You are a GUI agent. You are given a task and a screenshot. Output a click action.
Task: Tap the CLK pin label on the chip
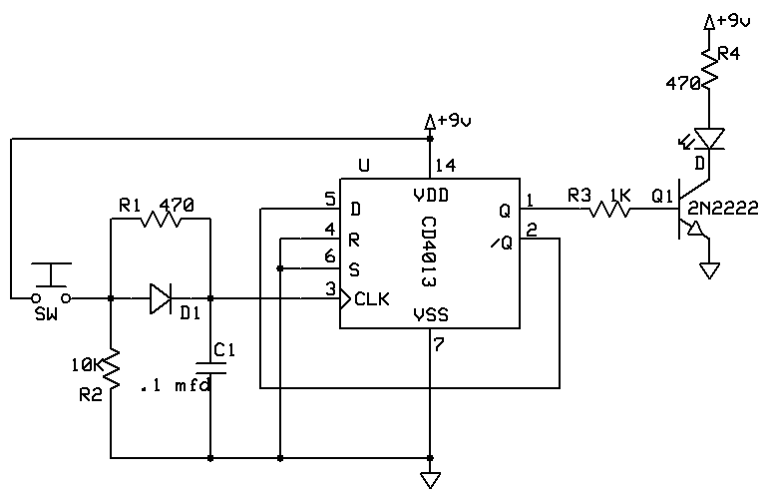click(x=372, y=298)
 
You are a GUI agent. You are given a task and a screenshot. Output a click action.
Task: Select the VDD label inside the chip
click(x=430, y=193)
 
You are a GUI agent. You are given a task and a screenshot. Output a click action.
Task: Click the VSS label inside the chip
click(x=430, y=315)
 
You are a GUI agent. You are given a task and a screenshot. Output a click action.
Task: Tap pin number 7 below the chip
click(x=440, y=343)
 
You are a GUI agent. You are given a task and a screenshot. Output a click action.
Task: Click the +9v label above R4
click(x=730, y=20)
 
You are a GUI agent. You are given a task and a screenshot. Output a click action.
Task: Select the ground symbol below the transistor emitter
click(x=709, y=269)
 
